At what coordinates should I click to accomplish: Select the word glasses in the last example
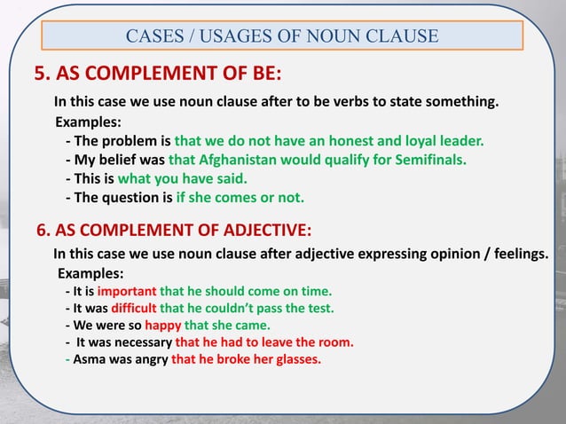click(x=295, y=360)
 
